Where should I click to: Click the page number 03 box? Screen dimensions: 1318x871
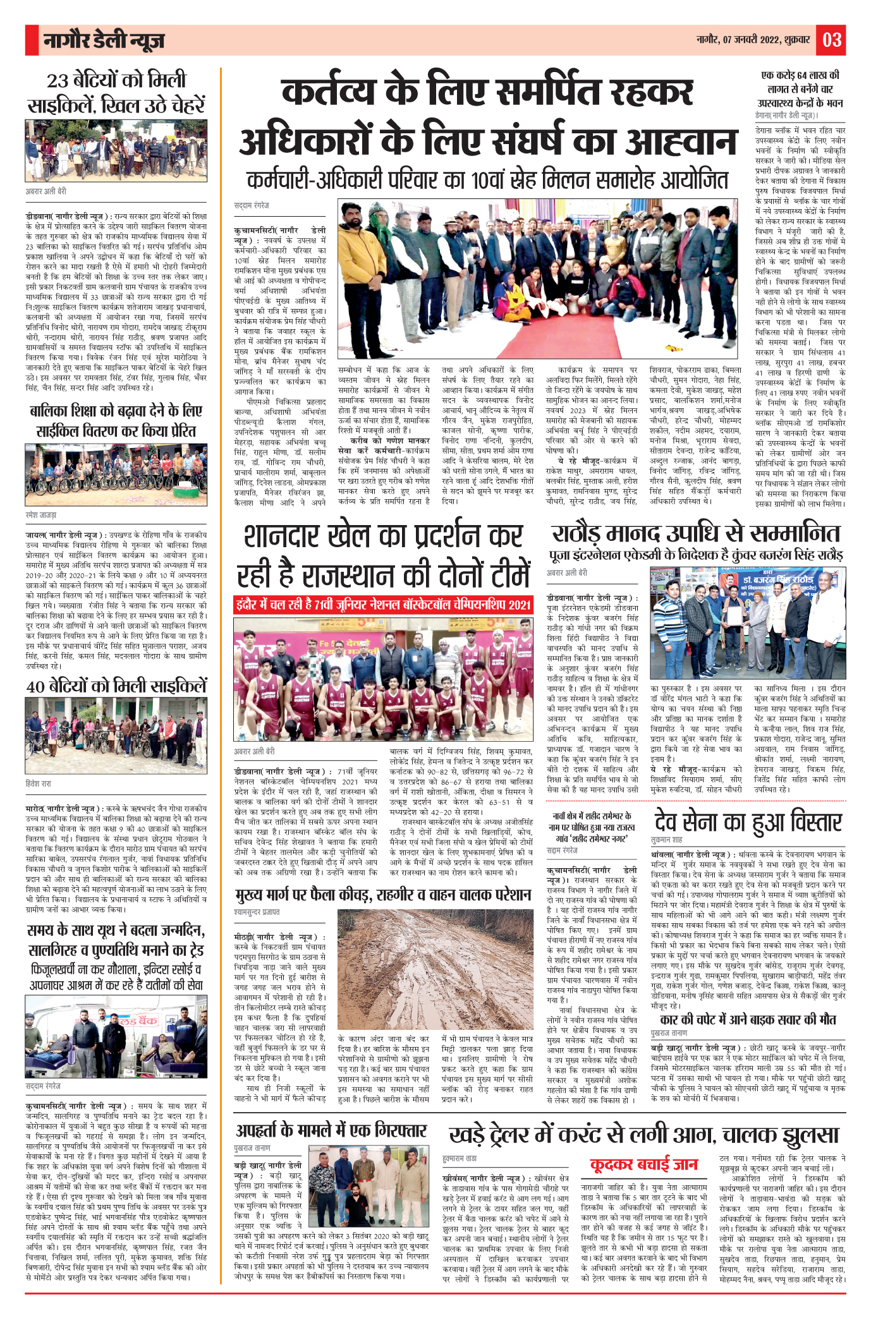click(831, 40)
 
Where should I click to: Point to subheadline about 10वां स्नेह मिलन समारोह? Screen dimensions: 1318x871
click(487, 181)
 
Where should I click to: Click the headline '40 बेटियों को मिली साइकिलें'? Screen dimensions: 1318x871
click(116, 686)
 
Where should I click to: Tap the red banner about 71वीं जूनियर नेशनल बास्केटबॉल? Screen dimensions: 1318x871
click(382, 605)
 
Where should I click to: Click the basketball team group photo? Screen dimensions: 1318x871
click(382, 679)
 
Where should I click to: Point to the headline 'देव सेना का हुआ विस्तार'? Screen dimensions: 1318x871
click(748, 822)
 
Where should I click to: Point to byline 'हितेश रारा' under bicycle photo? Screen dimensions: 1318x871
click(39, 783)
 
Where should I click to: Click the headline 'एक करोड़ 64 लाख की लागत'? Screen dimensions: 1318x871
click(800, 88)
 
